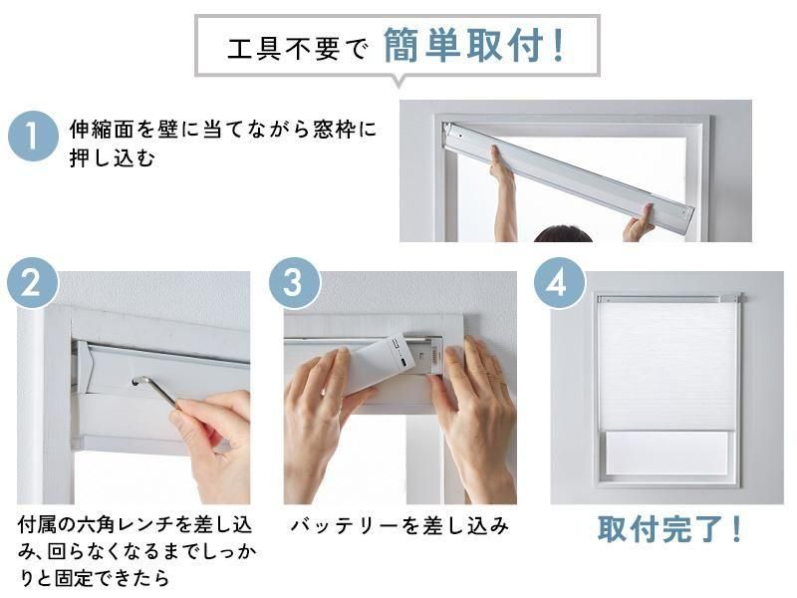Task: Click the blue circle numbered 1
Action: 33,137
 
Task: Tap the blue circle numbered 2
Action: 32,283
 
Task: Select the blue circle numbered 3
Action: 294,283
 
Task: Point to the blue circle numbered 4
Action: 559,283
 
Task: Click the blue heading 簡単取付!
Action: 474,46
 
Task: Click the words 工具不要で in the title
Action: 297,49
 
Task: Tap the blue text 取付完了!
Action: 669,529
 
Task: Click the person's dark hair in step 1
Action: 563,233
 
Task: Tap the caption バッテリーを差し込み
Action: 399,526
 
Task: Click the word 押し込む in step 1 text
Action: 112,158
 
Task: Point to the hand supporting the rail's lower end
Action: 639,222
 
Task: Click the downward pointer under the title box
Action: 399,82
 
